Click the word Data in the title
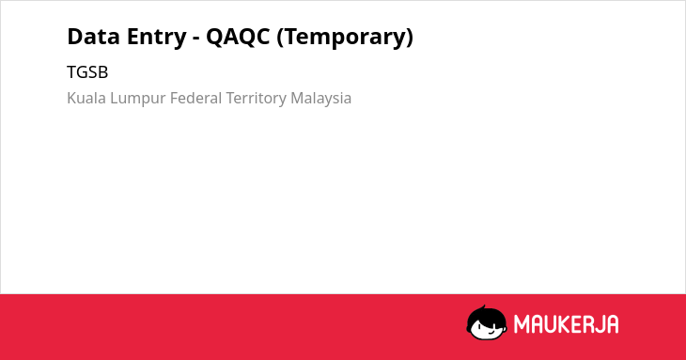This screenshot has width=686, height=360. (94, 37)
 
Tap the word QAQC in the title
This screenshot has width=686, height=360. (238, 38)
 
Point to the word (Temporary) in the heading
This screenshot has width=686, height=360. (345, 38)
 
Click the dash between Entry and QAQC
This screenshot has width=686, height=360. (196, 39)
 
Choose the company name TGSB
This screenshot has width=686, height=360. (87, 72)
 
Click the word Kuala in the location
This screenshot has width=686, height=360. (86, 98)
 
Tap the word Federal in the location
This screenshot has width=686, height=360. (196, 98)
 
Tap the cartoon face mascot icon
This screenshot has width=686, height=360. (487, 323)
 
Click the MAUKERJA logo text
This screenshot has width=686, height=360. (566, 324)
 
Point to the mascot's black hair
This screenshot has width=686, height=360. (486, 315)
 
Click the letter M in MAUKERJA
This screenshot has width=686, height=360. (522, 324)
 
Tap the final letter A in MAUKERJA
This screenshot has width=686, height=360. (612, 324)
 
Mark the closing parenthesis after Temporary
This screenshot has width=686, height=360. (410, 38)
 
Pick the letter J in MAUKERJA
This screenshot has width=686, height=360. (599, 324)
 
